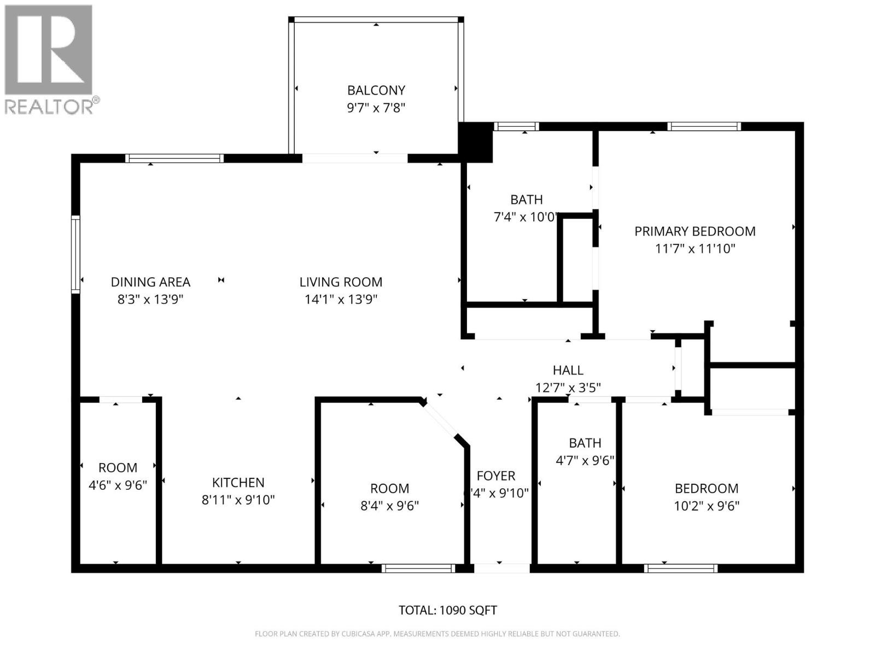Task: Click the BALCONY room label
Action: point(376,90)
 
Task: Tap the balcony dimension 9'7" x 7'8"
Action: point(376,108)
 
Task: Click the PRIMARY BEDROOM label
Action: point(695,231)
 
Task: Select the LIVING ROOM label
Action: point(341,282)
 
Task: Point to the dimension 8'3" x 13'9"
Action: point(150,300)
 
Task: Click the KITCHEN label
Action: point(238,482)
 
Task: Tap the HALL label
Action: point(568,370)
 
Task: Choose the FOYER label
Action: point(496,476)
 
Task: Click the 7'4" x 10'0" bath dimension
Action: point(526,217)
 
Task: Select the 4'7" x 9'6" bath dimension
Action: point(585,460)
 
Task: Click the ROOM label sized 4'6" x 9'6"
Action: point(118,467)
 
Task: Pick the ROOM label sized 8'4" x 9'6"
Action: point(389,488)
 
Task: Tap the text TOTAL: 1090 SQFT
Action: point(448,610)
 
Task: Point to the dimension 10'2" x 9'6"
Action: point(706,506)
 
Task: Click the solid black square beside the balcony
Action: point(475,142)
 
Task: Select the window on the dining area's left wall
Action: point(76,254)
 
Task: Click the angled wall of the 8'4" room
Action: point(441,420)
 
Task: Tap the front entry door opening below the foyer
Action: point(501,569)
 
